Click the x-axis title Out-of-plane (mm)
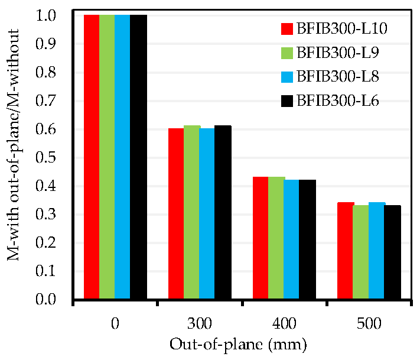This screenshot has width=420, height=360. [238, 345]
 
